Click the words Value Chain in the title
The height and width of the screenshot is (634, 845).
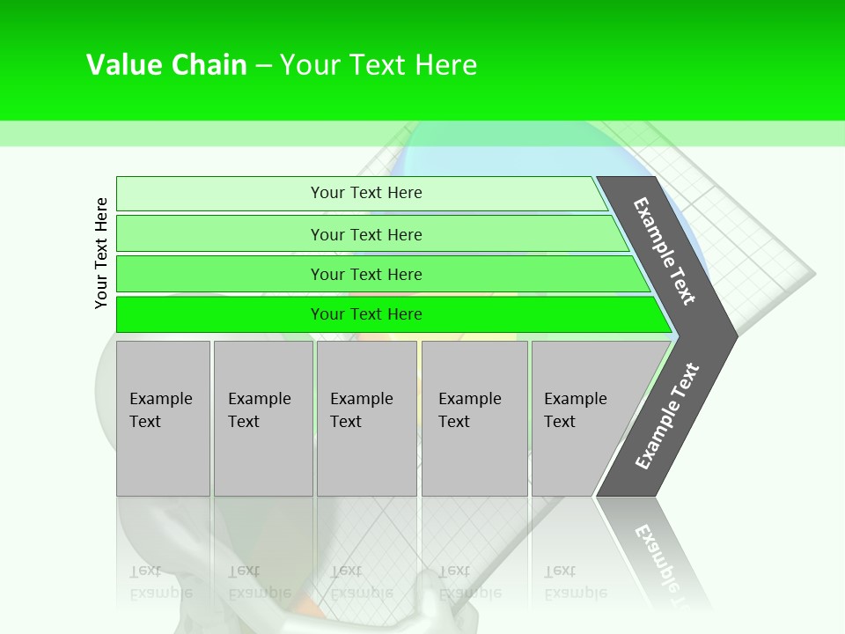coord(166,65)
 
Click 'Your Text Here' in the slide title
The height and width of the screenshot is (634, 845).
coord(378,65)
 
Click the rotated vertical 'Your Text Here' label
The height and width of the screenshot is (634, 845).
coord(102,253)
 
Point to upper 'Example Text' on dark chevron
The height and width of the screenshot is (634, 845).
coord(665,251)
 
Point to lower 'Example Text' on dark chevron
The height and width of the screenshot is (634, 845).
coord(666,417)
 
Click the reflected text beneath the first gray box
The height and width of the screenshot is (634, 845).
coord(160,581)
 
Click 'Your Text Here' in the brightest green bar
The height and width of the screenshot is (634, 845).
coord(366,314)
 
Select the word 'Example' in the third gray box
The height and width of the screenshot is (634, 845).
coord(361,399)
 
